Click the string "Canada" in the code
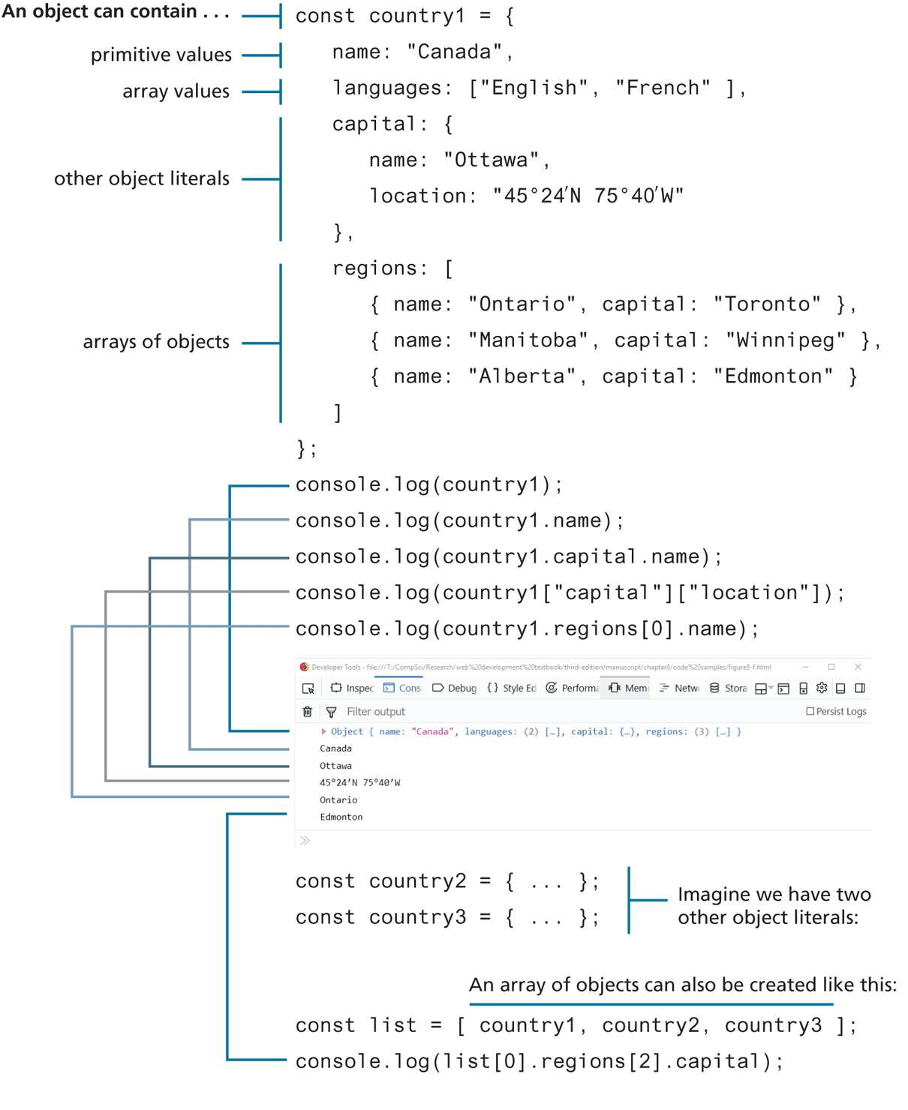coord(454,52)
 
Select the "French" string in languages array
coord(663,88)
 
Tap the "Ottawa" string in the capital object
coord(491,160)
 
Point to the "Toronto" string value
coord(767,304)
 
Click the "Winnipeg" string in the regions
coord(785,340)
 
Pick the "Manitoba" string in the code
coord(528,340)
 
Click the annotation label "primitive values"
coord(161,55)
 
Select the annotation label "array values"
coord(176,91)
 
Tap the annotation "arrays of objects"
coord(156,342)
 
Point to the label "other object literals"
coord(141,178)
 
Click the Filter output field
coord(375,711)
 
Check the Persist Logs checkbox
coord(810,711)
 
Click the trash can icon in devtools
coord(307,711)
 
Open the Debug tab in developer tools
coord(455,688)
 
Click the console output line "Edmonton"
coord(341,817)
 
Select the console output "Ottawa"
coord(335,766)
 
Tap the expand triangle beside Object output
coord(323,731)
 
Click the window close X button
coord(858,667)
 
